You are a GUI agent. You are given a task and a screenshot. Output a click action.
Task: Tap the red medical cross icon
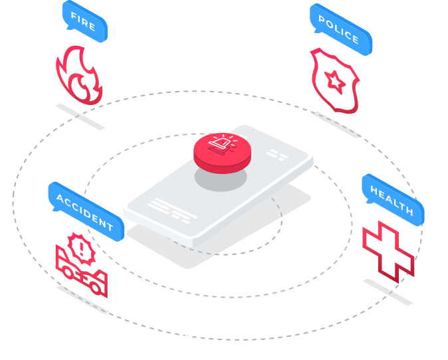click(388, 250)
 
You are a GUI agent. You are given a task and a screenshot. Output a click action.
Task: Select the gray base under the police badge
click(336, 125)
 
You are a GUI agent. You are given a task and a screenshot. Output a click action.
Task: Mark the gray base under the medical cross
click(388, 292)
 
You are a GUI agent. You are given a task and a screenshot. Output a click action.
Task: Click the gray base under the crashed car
click(82, 298)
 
